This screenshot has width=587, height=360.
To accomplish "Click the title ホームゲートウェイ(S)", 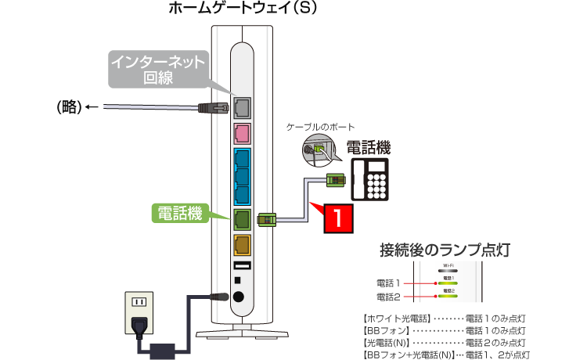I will click(242, 9).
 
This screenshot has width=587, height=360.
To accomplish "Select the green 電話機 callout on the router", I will click(179, 211).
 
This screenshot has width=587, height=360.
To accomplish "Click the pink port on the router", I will click(242, 132).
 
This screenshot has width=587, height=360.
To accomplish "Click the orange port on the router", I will click(242, 245).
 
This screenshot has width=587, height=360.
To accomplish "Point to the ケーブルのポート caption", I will click(321, 127).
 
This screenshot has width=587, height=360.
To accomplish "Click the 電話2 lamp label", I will click(388, 297).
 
